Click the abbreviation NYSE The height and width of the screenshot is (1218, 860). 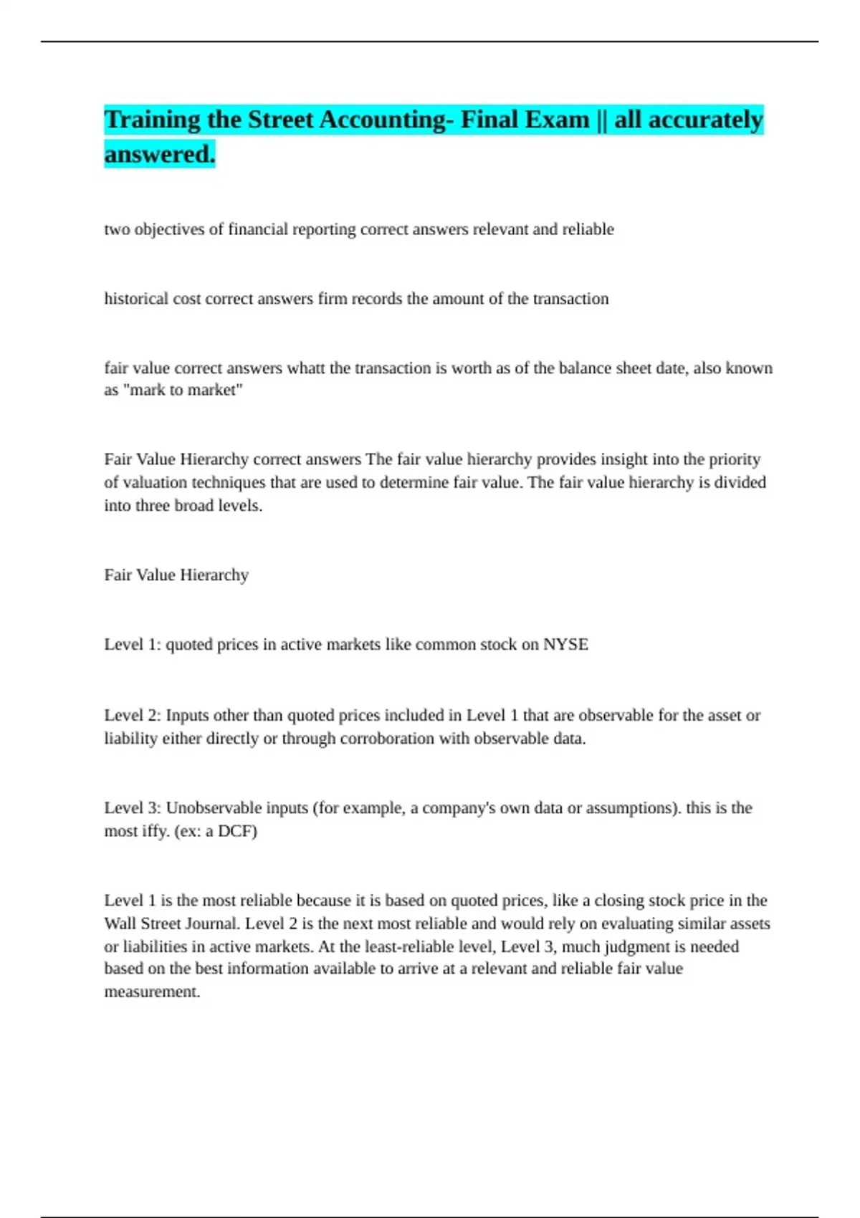point(565,645)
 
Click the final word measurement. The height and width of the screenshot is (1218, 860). point(151,992)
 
